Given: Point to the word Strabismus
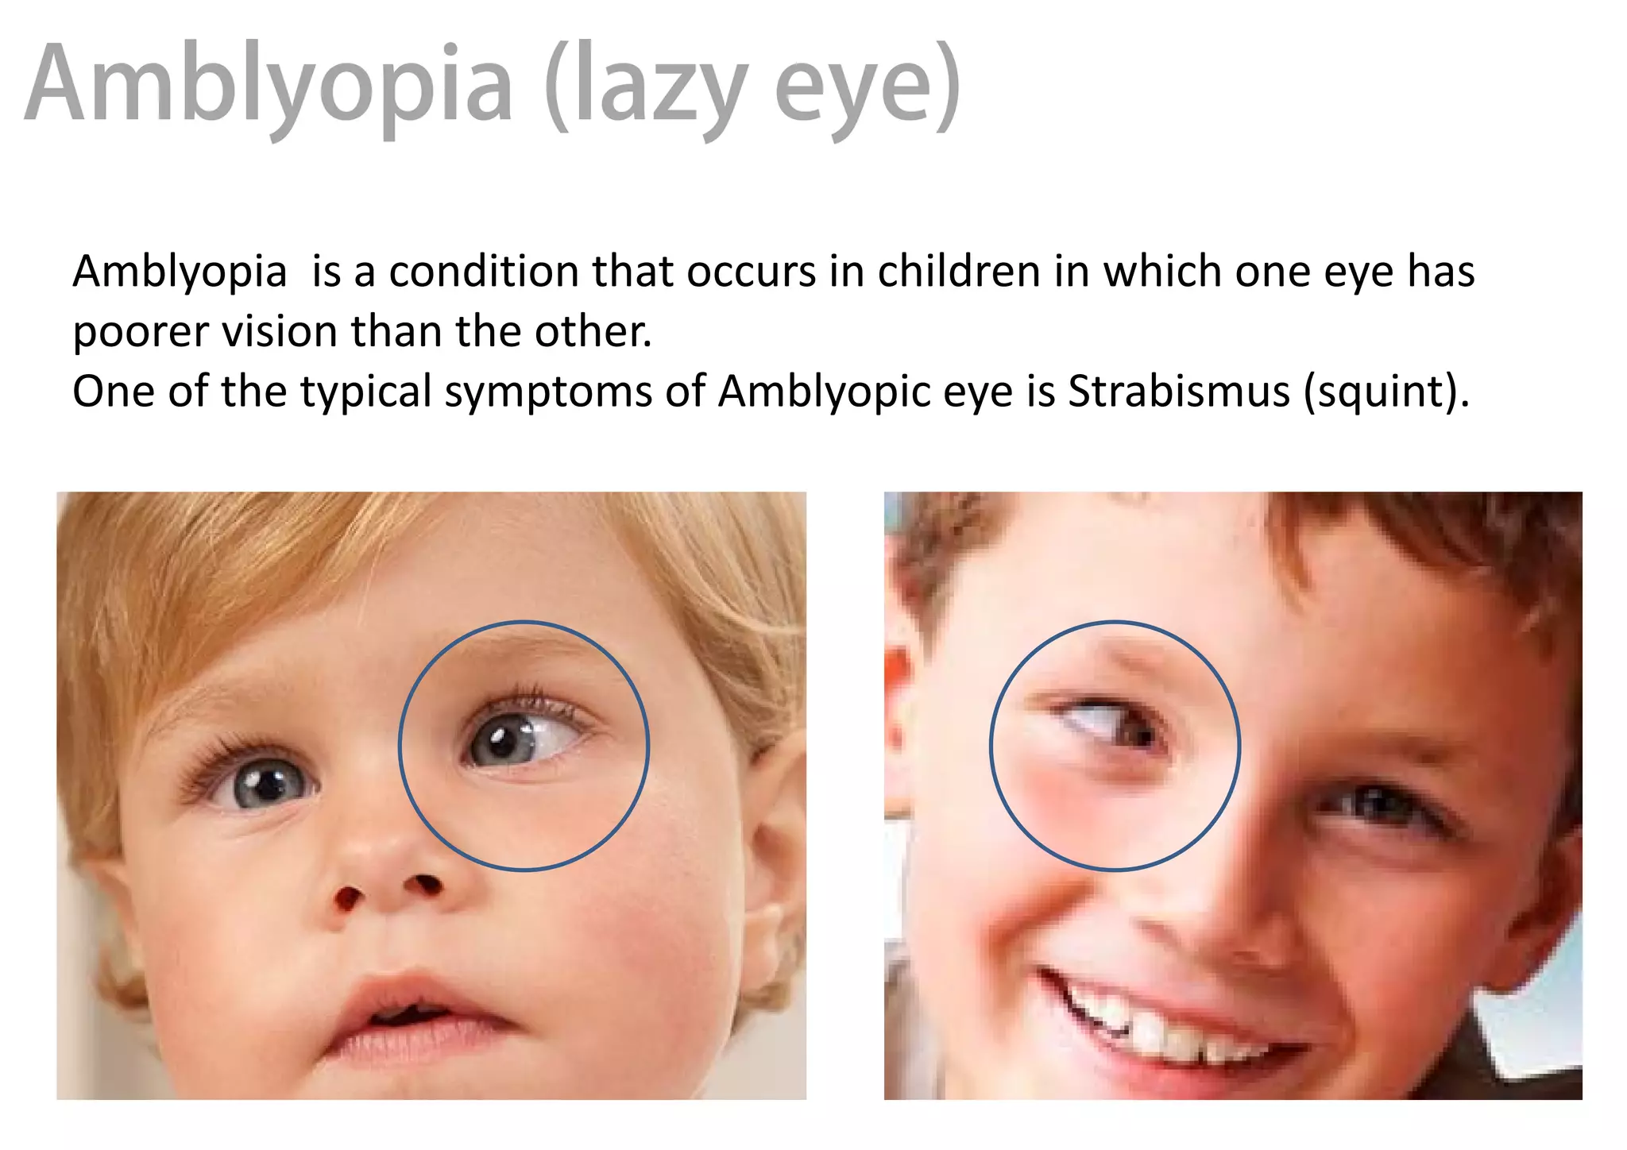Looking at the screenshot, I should [1179, 391].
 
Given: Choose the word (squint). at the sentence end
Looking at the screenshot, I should [1387, 391].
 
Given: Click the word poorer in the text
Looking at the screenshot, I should [140, 331].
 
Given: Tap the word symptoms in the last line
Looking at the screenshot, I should [548, 391].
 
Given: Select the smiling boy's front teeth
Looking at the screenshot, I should [1144, 1025].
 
